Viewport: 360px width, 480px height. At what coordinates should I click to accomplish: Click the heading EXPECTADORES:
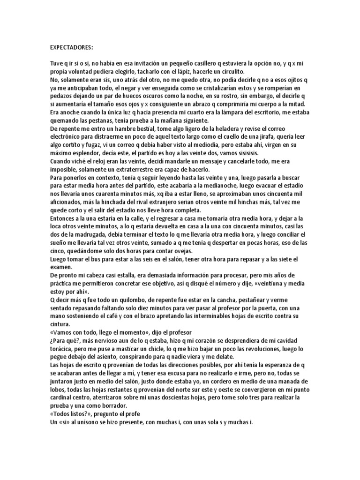click(x=72, y=47)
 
